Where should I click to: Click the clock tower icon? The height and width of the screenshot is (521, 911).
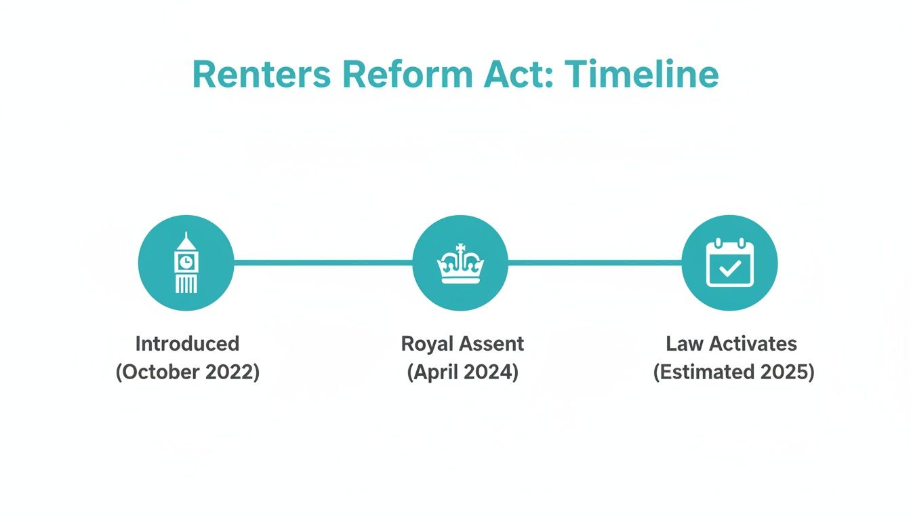point(186,263)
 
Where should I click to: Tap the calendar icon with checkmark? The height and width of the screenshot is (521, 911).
point(729,263)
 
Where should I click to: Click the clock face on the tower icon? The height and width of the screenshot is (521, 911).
point(186,260)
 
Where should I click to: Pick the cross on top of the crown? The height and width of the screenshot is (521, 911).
point(460,248)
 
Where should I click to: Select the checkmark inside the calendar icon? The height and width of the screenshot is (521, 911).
point(729,269)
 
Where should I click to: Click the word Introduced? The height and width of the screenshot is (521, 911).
point(187,343)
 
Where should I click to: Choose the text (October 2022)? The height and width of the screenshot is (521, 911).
point(187,372)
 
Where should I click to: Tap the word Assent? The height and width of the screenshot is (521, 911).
point(491,343)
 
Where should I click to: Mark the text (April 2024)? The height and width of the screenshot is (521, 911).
point(462,372)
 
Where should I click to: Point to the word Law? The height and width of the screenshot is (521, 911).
point(683,343)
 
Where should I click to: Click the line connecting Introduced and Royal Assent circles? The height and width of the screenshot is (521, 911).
point(323,262)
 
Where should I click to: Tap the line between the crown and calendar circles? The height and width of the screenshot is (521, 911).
point(594,262)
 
